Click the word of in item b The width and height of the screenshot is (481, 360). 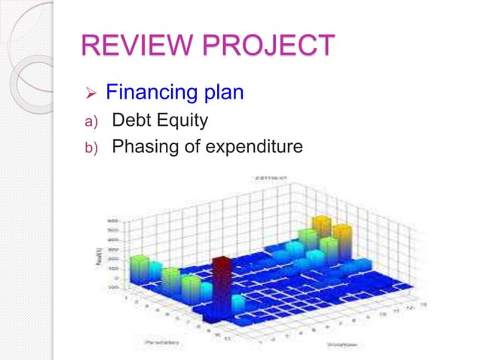194,146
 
